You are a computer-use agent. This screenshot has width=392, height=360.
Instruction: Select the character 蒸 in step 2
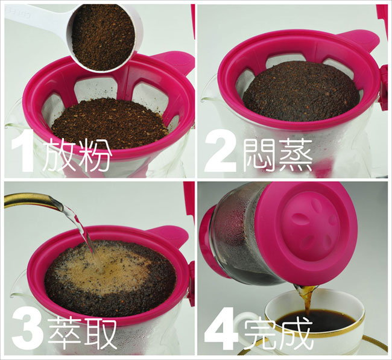tap(296, 154)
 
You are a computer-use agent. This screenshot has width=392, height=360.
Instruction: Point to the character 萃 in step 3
tap(65, 332)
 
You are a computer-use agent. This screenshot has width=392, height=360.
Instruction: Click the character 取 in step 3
tap(100, 332)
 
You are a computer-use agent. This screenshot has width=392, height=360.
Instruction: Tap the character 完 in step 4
tap(260, 332)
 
